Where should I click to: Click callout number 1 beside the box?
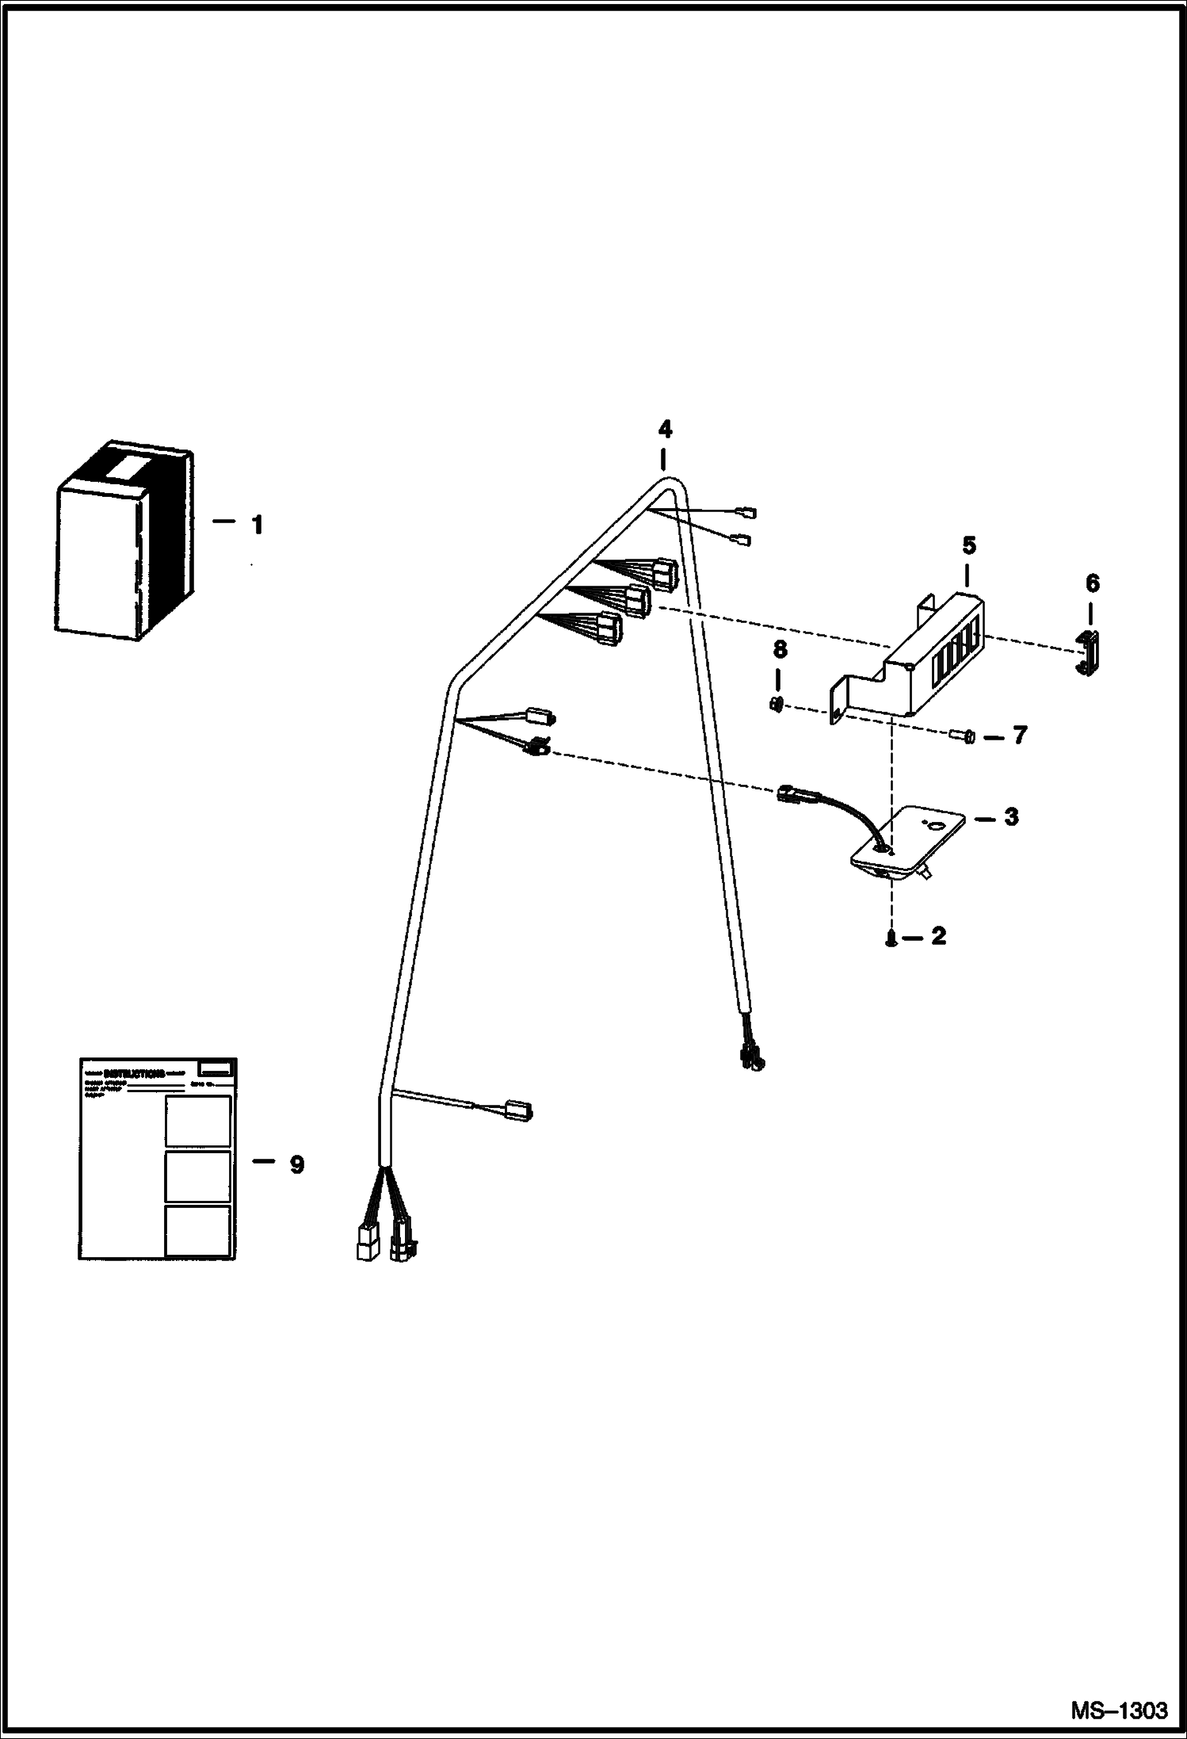(257, 525)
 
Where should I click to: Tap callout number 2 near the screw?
(938, 937)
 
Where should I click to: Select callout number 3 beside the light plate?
(1011, 817)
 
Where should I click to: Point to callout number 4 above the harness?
(665, 430)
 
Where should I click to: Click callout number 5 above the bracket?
(968, 545)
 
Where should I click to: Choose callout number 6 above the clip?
(1092, 584)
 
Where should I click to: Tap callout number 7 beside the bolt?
(1020, 736)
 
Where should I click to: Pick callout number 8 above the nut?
(780, 650)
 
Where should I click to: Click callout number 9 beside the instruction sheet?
(296, 1165)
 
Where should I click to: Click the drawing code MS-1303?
(1119, 1709)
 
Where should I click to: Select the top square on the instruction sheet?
(197, 1121)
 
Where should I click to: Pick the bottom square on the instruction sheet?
(197, 1231)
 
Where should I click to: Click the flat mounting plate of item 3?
(911, 840)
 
